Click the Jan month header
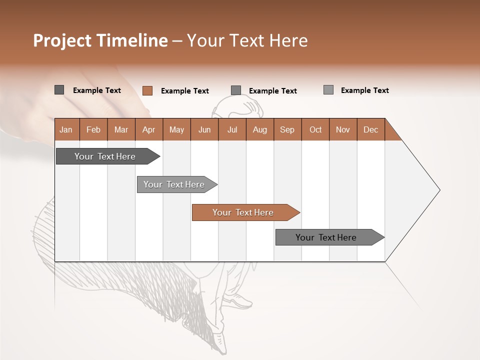pos(66,129)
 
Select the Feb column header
pos(93,129)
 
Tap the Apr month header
pos(148,129)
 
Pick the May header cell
pos(176,129)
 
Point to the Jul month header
pos(232,129)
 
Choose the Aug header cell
pos(260,129)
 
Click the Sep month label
pos(287,129)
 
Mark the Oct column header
pos(315,129)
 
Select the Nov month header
pos(343,129)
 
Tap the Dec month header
pos(370,129)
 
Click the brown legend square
pos(147,90)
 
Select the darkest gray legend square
pos(59,90)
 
